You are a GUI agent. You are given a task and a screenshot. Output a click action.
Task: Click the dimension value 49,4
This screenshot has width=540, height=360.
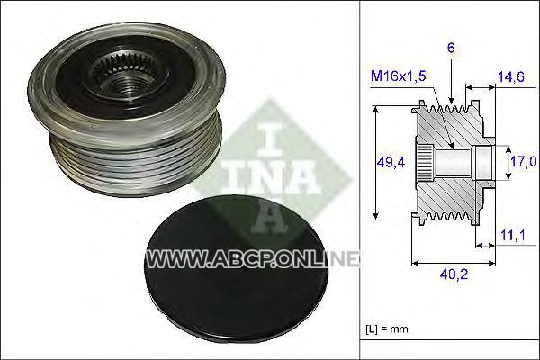[391, 162]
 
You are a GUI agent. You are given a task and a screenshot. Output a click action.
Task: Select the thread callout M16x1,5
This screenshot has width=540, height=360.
[398, 76]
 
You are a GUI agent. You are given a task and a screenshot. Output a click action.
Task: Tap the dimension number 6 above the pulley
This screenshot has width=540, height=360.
[451, 48]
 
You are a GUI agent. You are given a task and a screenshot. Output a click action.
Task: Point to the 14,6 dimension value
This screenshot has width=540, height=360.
[511, 76]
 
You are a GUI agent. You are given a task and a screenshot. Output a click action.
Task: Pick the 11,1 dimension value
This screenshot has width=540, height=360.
[512, 235]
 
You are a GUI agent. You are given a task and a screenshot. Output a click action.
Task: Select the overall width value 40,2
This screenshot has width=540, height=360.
[454, 274]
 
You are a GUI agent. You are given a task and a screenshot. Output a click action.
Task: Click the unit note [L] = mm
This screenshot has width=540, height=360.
[387, 329]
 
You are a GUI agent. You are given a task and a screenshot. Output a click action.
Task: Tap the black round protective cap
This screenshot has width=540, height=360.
[236, 271]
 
